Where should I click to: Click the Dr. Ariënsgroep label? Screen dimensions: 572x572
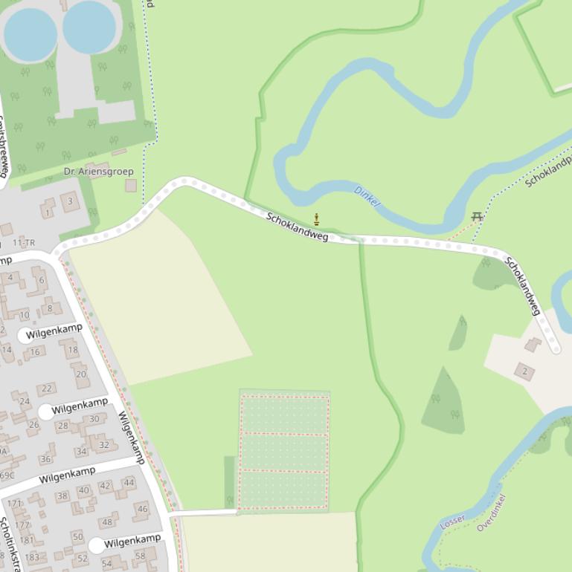99,172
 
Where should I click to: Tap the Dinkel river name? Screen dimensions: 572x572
367,196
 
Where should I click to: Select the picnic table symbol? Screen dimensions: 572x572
478,217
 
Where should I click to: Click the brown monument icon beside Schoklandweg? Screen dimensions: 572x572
317,219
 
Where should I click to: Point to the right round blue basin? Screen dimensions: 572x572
89,27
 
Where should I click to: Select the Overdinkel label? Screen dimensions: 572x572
491,512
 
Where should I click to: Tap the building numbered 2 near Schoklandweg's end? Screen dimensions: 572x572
524,371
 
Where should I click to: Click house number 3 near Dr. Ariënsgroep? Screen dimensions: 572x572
71,201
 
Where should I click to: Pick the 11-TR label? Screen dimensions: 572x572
24,243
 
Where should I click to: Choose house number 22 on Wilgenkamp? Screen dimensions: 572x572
47,389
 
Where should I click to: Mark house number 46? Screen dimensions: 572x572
142,509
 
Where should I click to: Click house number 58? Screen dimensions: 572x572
140,556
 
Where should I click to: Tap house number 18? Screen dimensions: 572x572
72,350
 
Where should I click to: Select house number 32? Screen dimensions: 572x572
104,445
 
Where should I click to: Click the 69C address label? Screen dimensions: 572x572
7,475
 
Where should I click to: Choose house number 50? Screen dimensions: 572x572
77,536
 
